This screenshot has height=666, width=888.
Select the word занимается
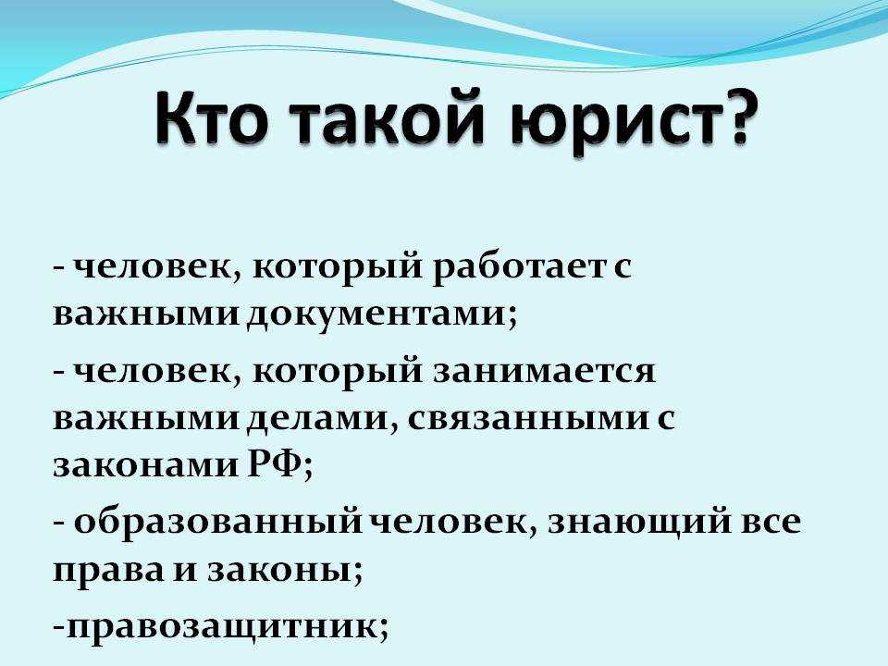click(x=545, y=372)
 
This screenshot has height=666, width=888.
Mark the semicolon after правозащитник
click(x=384, y=629)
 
